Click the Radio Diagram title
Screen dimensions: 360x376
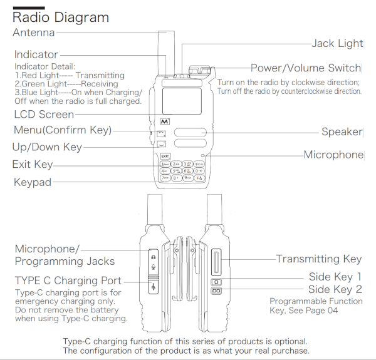click(61, 18)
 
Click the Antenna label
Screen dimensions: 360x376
click(34, 33)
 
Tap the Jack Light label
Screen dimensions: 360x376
click(337, 43)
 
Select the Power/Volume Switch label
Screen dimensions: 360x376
click(306, 68)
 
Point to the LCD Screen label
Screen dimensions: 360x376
click(44, 115)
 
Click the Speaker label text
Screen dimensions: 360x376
click(342, 131)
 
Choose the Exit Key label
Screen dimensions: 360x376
click(33, 165)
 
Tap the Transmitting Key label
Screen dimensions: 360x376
click(319, 259)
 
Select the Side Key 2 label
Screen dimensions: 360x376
click(335, 289)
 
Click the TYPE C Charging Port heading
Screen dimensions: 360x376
click(68, 280)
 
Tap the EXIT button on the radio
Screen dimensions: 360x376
click(165, 156)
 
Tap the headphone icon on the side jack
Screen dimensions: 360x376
click(154, 255)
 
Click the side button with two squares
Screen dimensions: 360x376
click(216, 291)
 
